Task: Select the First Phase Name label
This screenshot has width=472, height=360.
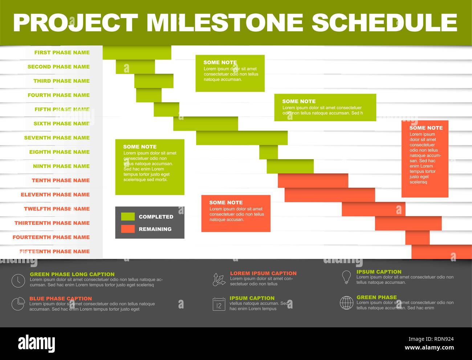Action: tap(62, 53)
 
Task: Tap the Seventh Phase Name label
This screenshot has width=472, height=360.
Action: tap(57, 138)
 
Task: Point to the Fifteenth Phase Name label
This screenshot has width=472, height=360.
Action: tap(54, 251)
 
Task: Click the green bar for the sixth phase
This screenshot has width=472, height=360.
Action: tap(206, 124)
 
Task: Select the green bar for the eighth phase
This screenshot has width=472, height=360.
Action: tap(268, 152)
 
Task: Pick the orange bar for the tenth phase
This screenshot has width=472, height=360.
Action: tap(313, 180)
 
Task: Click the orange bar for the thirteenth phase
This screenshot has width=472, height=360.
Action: tap(408, 223)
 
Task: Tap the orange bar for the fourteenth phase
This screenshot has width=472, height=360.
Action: tap(417, 237)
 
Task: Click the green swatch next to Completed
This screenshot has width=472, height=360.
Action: tap(128, 217)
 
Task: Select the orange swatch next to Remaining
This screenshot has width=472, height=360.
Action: tap(128, 229)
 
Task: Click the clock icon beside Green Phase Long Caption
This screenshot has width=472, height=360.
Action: tap(18, 281)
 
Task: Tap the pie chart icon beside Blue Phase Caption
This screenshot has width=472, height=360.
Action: tap(18, 304)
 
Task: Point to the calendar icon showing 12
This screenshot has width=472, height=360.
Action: tap(219, 304)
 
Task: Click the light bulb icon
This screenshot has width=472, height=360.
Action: tap(346, 277)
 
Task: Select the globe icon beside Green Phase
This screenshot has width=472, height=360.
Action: tap(346, 303)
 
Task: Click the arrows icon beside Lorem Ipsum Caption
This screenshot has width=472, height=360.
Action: tap(219, 279)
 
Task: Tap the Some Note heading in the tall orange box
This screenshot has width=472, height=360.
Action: tap(426, 128)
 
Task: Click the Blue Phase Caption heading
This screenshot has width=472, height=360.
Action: tap(61, 299)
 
